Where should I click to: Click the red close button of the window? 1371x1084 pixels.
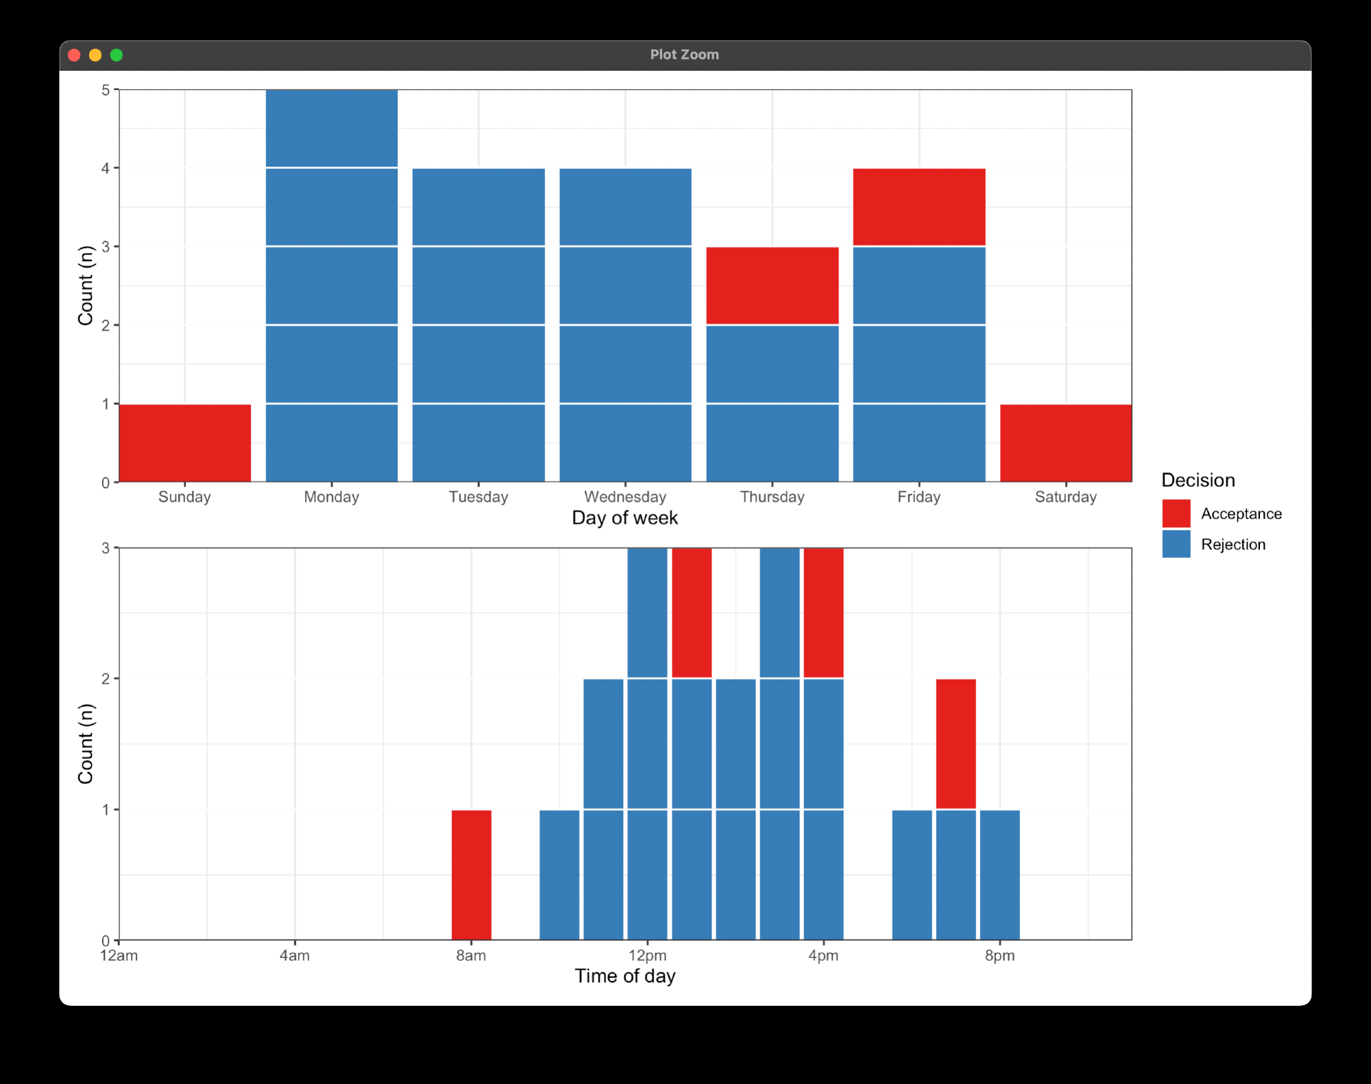pyautogui.click(x=75, y=55)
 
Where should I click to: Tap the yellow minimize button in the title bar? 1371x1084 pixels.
pyautogui.click(x=95, y=55)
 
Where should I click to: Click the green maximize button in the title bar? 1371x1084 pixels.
pyautogui.click(x=117, y=55)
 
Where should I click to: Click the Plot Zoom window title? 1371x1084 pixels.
pyautogui.click(x=684, y=55)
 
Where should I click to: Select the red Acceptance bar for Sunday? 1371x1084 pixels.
pyautogui.click(x=185, y=443)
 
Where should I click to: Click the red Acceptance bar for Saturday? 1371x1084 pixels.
pyautogui.click(x=1065, y=443)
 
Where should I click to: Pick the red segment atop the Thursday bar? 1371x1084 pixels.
pyautogui.click(x=772, y=285)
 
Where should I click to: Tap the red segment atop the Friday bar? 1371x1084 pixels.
pyautogui.click(x=919, y=207)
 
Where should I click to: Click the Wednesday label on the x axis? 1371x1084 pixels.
pyautogui.click(x=624, y=497)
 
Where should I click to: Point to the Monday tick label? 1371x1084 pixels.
pyautogui.click(x=331, y=497)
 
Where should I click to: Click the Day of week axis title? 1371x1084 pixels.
pyautogui.click(x=624, y=518)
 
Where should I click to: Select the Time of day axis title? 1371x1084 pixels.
pyautogui.click(x=624, y=976)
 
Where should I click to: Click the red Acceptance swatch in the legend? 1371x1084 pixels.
pyautogui.click(x=1176, y=514)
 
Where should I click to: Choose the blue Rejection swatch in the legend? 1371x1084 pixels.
pyautogui.click(x=1176, y=544)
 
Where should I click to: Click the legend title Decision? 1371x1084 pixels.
pyautogui.click(x=1198, y=480)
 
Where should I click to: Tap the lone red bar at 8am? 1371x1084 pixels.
pyautogui.click(x=471, y=875)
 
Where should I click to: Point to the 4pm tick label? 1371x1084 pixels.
pyautogui.click(x=823, y=956)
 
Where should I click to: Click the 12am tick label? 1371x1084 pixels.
pyautogui.click(x=119, y=956)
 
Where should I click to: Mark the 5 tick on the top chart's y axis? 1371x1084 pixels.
pyautogui.click(x=106, y=91)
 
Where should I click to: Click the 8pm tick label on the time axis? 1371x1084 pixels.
pyautogui.click(x=999, y=956)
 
